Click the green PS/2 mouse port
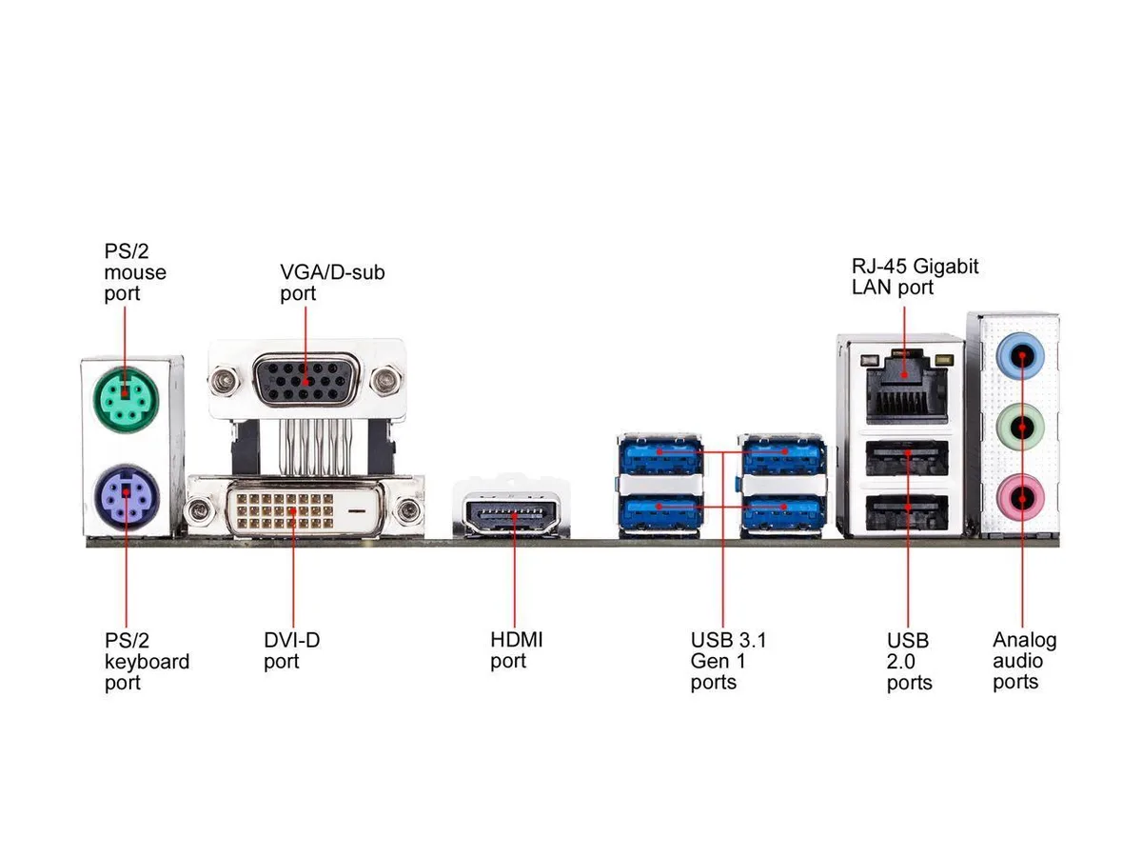127,399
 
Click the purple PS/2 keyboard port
127,496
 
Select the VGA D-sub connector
305,381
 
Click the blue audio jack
1021,356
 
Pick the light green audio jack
1021,428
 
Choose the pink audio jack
1021,498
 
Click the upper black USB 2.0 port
907,457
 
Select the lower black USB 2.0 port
907,512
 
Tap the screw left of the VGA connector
225,381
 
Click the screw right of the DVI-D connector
408,510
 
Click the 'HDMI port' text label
516,650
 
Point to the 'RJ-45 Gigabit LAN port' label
915,276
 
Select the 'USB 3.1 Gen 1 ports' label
728,661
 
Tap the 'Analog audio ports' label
1024,661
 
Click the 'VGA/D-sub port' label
332,283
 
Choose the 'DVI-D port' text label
291,650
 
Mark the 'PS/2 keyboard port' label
147,662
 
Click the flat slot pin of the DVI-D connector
356,510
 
